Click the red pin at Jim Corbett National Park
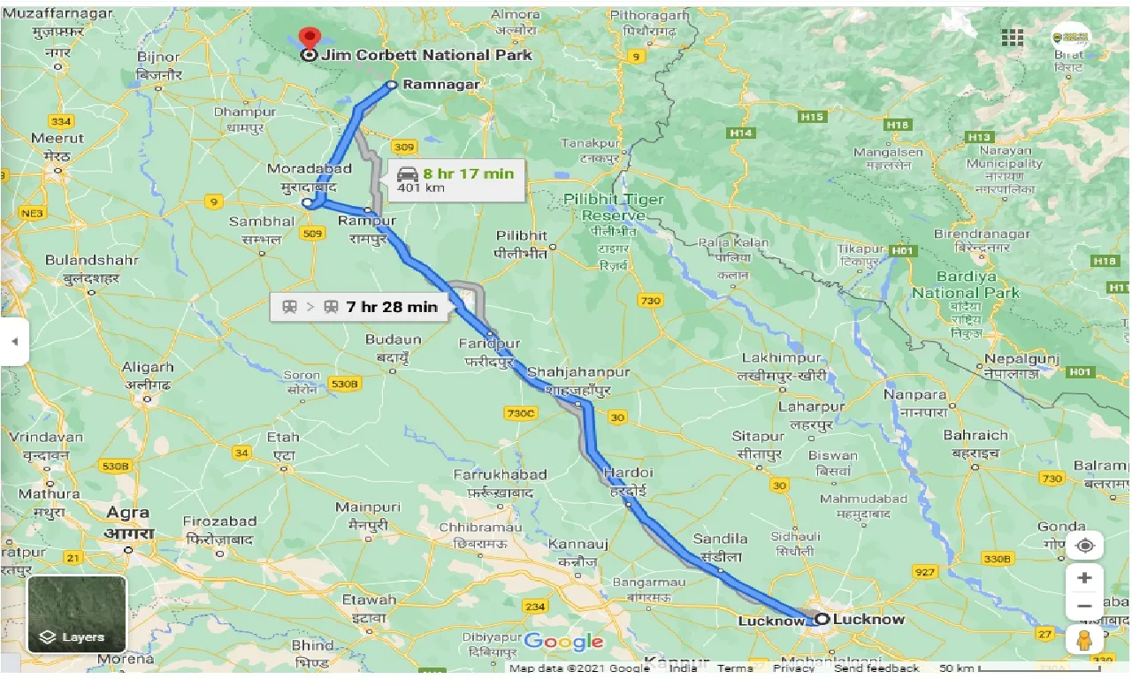(x=309, y=37)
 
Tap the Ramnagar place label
(x=440, y=85)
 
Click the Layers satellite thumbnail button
(x=77, y=614)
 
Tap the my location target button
(x=1084, y=545)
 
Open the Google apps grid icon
(x=1012, y=37)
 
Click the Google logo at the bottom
(x=563, y=642)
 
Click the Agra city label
(x=128, y=513)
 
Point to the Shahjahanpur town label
(x=578, y=372)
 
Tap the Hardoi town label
(x=628, y=474)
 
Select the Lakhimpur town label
(x=782, y=358)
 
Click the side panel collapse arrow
(x=14, y=341)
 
